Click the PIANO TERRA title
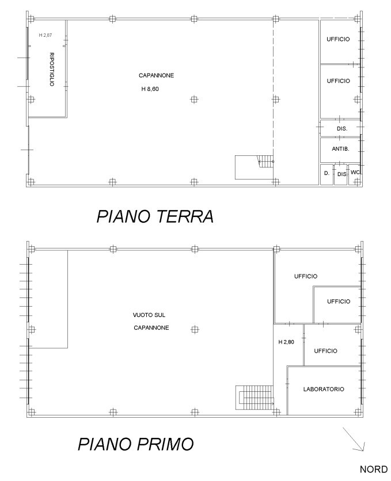tap(155, 216)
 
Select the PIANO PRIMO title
tap(136, 444)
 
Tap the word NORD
tap(373, 469)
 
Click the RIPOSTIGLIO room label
tap(51, 70)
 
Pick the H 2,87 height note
tap(45, 35)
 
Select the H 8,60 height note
tap(149, 89)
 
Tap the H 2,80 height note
tap(286, 342)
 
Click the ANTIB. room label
tap(340, 148)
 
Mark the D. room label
tap(326, 173)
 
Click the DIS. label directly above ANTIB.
tap(341, 128)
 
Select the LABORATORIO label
tap(324, 390)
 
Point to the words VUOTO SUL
tap(149, 315)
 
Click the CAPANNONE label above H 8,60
tap(156, 75)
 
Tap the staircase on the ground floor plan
tap(253, 167)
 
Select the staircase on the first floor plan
tap(255, 398)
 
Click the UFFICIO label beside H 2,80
tap(325, 350)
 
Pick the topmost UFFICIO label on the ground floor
tap(338, 39)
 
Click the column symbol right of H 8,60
tap(194, 99)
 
